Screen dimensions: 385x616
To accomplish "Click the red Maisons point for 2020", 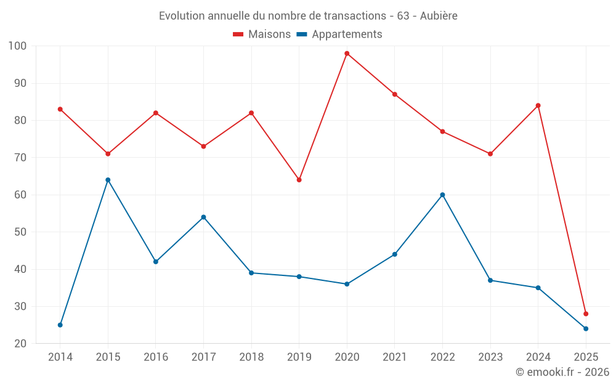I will (347, 54).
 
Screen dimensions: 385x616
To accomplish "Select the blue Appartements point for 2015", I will (108, 180).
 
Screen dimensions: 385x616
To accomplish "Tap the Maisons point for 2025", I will (586, 314).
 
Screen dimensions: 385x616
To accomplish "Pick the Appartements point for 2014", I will (60, 325).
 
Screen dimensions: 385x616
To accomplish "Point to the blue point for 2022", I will (442, 195).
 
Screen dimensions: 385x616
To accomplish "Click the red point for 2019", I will (299, 180).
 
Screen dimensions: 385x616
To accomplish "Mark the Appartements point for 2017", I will (203, 217).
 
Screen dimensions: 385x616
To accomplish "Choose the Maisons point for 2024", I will (538, 105).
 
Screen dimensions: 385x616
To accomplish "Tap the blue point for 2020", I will (347, 284).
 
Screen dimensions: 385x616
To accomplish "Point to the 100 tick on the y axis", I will (18, 46).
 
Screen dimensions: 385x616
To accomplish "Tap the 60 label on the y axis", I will (20, 195).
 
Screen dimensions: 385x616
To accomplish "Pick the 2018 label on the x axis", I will (251, 357).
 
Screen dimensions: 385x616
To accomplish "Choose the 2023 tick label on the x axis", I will (490, 357).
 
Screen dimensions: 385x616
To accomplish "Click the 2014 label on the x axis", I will (60, 357).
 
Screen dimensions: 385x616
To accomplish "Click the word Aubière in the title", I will (439, 15).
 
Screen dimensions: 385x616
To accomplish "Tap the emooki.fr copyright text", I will (562, 372).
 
